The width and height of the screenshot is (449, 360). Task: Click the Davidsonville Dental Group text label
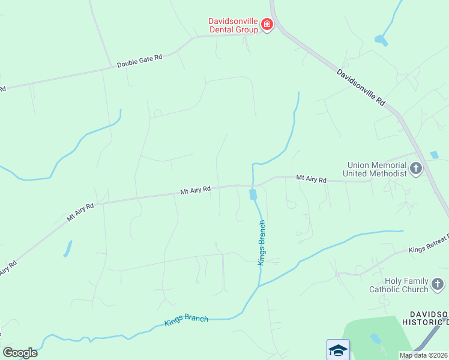233,25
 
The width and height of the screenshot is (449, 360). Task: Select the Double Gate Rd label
139,61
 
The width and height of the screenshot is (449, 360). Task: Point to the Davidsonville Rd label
360,87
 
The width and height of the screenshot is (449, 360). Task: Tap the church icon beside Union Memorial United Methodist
417,169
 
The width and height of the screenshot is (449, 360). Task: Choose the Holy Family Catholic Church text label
399,285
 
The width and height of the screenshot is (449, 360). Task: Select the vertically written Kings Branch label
262,242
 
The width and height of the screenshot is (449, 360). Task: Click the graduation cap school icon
338,349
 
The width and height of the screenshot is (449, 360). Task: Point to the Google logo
20,353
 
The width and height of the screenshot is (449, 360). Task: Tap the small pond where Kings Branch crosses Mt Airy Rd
253,195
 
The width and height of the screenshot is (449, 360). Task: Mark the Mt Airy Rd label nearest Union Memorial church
311,179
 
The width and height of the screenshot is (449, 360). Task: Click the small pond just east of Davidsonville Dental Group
381,40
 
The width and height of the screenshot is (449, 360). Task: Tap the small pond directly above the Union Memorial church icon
434,155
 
